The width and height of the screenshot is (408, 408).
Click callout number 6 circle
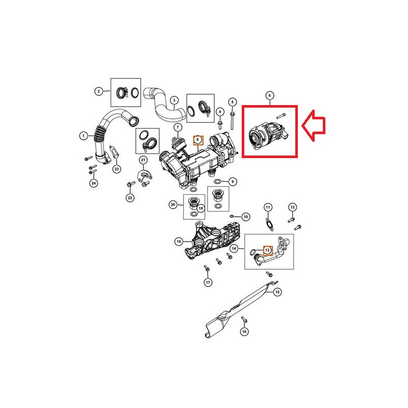269,95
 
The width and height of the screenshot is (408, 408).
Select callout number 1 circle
83,136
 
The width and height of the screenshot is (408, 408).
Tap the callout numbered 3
173,100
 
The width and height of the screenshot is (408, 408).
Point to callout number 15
277,292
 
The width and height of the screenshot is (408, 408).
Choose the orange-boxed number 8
199,139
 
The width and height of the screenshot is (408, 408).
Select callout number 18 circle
178,241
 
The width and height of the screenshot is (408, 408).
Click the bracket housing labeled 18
212,240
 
